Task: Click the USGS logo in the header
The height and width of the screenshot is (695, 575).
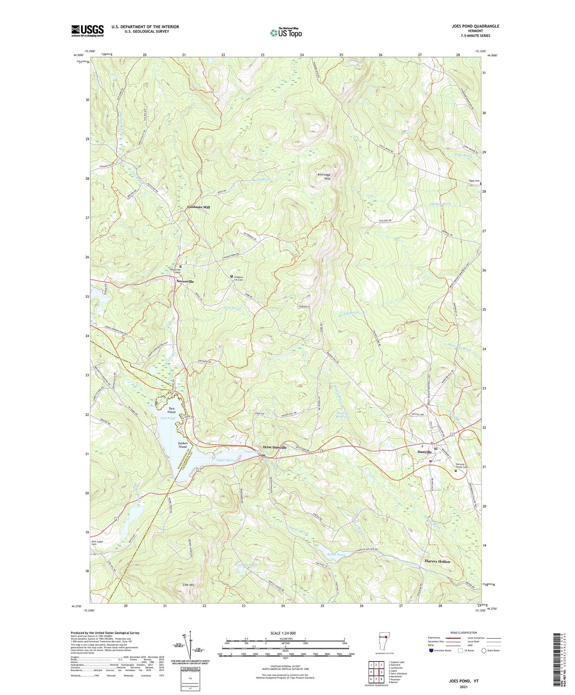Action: [87, 31]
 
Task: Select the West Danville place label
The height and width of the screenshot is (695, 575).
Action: [274, 447]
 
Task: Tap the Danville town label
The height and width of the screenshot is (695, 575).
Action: [424, 452]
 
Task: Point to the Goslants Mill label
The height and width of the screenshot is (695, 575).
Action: [199, 207]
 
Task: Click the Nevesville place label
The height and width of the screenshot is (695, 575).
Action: [185, 281]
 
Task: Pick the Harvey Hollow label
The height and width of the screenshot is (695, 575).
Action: [438, 562]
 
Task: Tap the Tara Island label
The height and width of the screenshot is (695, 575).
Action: [171, 410]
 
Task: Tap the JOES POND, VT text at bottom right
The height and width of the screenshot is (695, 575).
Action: [463, 681]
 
